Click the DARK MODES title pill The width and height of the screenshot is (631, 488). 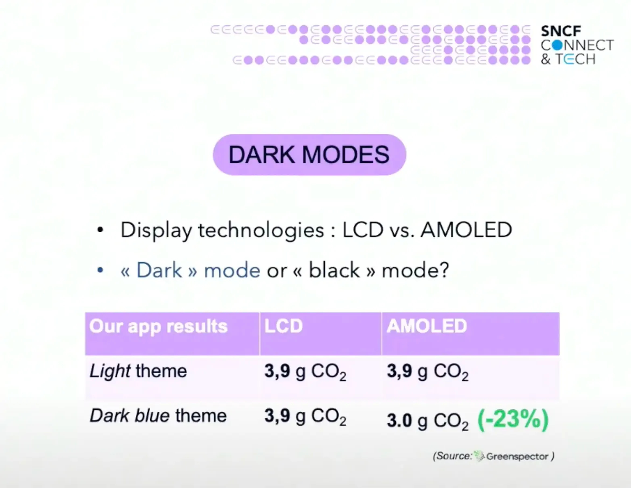[309, 155]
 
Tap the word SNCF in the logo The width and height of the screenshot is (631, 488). [561, 31]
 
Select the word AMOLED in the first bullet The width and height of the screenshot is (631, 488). [466, 230]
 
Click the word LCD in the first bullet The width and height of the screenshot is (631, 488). [362, 230]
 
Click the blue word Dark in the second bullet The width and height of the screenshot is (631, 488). [159, 270]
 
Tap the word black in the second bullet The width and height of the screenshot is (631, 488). [334, 270]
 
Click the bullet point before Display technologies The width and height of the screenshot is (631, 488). [100, 230]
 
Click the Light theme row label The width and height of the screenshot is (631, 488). [138, 371]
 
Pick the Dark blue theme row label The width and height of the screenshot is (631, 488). [158, 416]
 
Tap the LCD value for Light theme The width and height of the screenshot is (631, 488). [305, 371]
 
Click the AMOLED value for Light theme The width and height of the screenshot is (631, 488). [428, 371]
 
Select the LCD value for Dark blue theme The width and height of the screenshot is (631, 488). [305, 416]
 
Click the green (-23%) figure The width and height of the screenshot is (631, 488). [513, 419]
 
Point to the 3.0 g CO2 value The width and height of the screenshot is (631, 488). [428, 421]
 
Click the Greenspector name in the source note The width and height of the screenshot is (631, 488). [517, 457]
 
